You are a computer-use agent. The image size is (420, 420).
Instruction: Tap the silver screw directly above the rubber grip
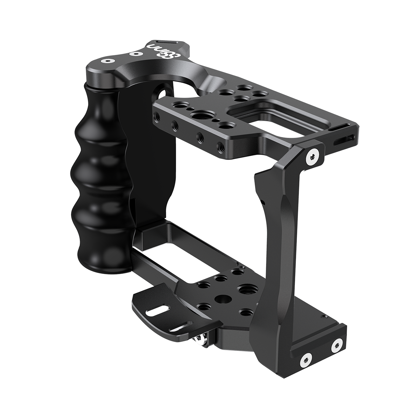tap(104, 61)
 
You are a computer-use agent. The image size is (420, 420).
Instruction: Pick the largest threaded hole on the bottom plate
tap(244, 289)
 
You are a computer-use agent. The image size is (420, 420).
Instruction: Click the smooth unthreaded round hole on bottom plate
tap(221, 299)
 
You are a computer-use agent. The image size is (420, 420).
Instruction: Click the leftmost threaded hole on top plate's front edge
tap(155, 116)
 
